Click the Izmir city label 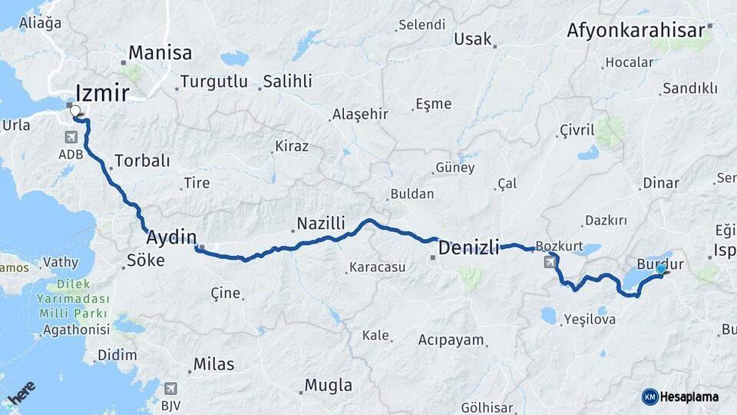[x=103, y=93]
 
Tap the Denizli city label [x=468, y=247]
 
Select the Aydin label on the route [x=171, y=236]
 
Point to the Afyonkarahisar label [x=636, y=31]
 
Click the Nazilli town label [x=322, y=224]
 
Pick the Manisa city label [x=160, y=53]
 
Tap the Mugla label [x=329, y=385]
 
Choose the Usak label [x=473, y=39]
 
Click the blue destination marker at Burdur [x=660, y=269]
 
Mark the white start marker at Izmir [x=76, y=111]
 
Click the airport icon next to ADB [x=72, y=138]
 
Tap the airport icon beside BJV [x=170, y=389]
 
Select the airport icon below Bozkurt [x=550, y=262]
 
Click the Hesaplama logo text [x=689, y=397]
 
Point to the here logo [x=21, y=393]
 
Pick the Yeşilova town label [x=590, y=320]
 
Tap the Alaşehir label [x=360, y=115]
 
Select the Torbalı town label [x=142, y=161]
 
